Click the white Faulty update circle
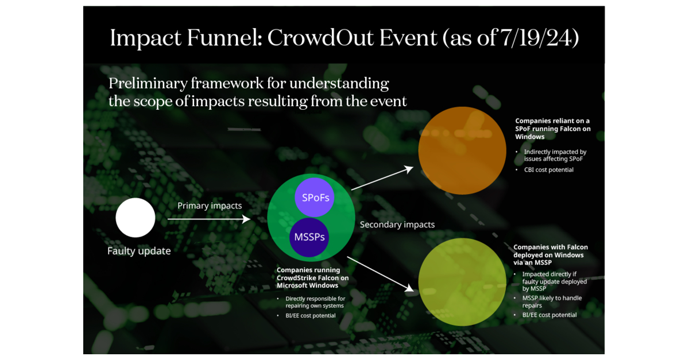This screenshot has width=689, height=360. pos(136,218)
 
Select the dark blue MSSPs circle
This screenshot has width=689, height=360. pos(309,237)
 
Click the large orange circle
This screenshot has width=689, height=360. pos(462,150)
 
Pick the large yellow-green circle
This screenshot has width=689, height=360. pos(462,282)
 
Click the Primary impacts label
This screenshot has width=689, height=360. pos(210,206)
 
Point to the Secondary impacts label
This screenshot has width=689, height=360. pos(397,224)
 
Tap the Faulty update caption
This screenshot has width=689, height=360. pos(139,251)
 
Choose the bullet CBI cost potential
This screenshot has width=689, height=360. pos(548,170)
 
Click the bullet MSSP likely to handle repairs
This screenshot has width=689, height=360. pos(551,302)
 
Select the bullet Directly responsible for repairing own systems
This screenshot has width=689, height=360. pos(315,302)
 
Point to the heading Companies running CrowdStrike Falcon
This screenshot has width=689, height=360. pos(312,277)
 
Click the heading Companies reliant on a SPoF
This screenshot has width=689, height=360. pos(552,129)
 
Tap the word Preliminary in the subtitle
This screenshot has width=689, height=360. pos(148,83)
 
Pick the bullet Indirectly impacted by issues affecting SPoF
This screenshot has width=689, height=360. pos(555,155)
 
